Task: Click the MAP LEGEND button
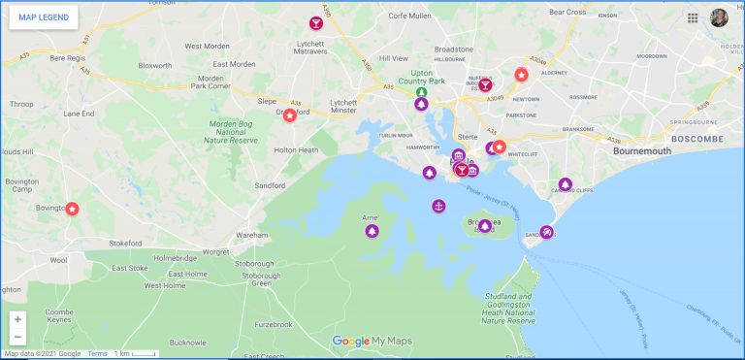click(x=44, y=17)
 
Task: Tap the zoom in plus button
click(x=17, y=319)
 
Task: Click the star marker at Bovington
click(x=72, y=209)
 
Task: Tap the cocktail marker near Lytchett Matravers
click(x=315, y=23)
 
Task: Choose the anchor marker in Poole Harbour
click(x=438, y=206)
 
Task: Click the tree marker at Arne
click(x=371, y=231)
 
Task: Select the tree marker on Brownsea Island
click(x=485, y=226)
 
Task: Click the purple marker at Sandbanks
click(x=546, y=232)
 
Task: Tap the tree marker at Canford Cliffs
click(x=566, y=184)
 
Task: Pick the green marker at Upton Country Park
click(x=421, y=93)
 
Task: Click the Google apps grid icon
click(x=693, y=17)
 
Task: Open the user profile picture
click(x=719, y=17)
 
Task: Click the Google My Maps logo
click(x=372, y=341)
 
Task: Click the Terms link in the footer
click(x=98, y=354)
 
